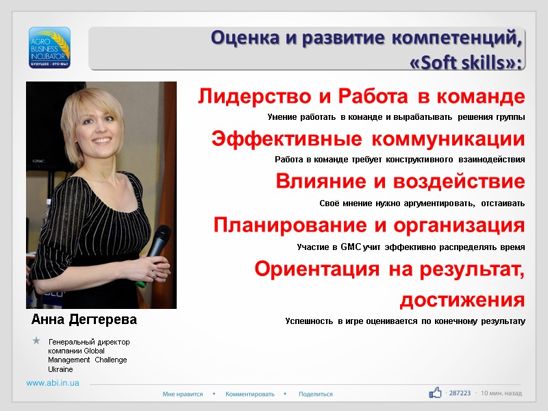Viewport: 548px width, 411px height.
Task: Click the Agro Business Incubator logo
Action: (49, 47)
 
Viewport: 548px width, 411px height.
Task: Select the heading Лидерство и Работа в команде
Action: (362, 96)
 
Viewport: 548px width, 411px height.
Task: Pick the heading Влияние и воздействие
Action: (400, 182)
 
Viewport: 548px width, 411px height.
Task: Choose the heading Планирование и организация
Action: (369, 225)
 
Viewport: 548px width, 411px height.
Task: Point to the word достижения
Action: (462, 299)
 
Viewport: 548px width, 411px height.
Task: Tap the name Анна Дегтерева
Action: (84, 320)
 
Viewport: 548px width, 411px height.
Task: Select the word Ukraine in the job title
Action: (60, 369)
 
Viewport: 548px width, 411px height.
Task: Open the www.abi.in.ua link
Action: (53, 383)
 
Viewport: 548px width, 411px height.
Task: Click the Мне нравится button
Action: (183, 394)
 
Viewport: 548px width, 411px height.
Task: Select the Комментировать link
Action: (250, 394)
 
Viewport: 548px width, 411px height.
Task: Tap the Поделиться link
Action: (316, 394)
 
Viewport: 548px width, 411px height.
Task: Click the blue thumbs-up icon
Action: (436, 393)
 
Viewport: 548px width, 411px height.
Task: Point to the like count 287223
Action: (460, 393)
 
